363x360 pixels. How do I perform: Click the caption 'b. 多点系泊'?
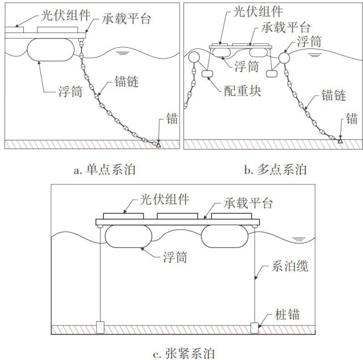coord(274,168)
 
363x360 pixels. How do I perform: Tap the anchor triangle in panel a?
coord(158,143)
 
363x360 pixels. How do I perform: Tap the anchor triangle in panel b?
coord(340,139)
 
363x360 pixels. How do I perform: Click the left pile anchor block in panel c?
coord(101,327)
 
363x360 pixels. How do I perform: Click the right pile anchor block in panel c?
coord(255,327)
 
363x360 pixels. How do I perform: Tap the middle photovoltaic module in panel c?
coord(177,217)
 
